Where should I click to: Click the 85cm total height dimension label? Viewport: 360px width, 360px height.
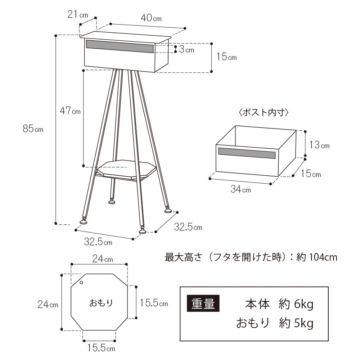coord(33,129)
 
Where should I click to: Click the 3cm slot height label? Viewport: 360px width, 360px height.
coord(186,50)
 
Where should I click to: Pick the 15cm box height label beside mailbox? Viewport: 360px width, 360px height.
coord(226,57)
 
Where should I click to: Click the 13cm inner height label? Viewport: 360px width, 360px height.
coord(319,145)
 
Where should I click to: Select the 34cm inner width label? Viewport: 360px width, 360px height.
coord(240,189)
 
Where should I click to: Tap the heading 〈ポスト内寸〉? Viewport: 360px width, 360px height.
coord(264,112)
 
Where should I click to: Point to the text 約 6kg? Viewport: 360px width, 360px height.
coord(296,304)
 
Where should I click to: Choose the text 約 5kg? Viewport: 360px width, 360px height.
coord(296,323)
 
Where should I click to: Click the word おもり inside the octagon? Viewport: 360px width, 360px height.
coord(101,302)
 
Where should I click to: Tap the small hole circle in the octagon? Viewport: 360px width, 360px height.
coord(82,283)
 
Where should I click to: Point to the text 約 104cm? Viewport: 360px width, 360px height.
coord(317,257)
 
